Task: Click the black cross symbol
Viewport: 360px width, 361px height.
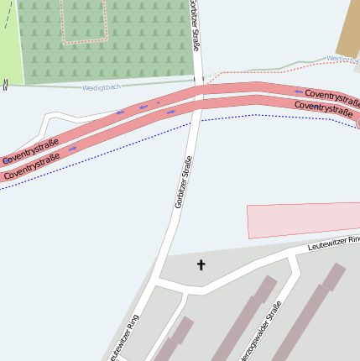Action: point(201,265)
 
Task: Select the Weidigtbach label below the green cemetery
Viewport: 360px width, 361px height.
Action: point(102,87)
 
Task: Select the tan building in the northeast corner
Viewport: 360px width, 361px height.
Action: point(349,29)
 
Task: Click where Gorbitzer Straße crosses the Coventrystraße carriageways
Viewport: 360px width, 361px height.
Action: point(200,96)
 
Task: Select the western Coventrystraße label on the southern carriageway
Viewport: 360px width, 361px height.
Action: point(32,166)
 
